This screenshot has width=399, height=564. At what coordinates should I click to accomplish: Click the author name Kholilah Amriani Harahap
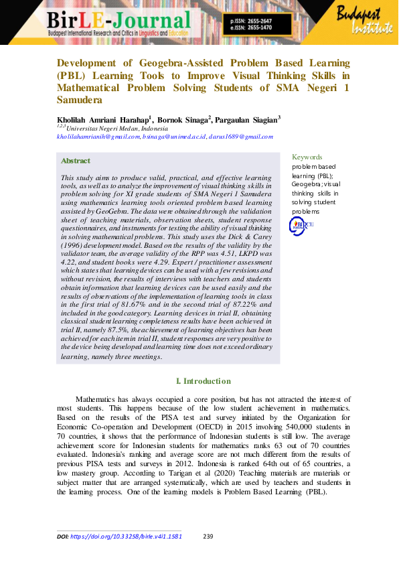point(103,119)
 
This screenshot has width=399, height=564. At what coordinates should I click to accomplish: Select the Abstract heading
point(75,161)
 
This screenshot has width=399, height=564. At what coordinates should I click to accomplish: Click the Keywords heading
point(307,157)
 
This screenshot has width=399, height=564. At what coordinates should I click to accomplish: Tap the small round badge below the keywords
point(297,226)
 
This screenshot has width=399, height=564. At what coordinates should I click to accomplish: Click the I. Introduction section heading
point(204,381)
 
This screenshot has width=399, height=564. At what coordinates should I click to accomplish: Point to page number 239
point(208,537)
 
